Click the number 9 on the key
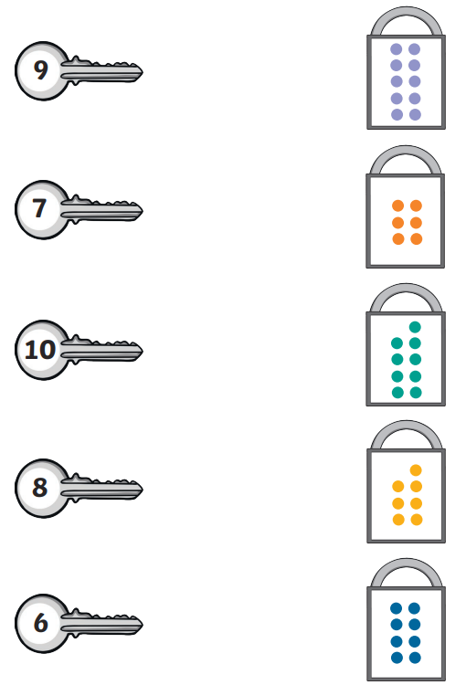[40, 70]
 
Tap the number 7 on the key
[39, 208]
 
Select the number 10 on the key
[40, 350]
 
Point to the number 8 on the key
[40, 487]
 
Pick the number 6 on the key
[40, 623]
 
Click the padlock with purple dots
[406, 68]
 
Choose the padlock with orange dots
[405, 206]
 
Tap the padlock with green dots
[406, 344]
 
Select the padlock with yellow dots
[406, 482]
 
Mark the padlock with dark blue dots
[406, 619]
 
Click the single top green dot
[415, 327]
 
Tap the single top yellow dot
[416, 470]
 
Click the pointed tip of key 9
[143, 71]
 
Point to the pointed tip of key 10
[143, 351]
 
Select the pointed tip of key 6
[143, 624]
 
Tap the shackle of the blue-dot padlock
[406, 564]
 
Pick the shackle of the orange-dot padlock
[405, 151]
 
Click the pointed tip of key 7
[143, 211]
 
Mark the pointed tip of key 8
[143, 490]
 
